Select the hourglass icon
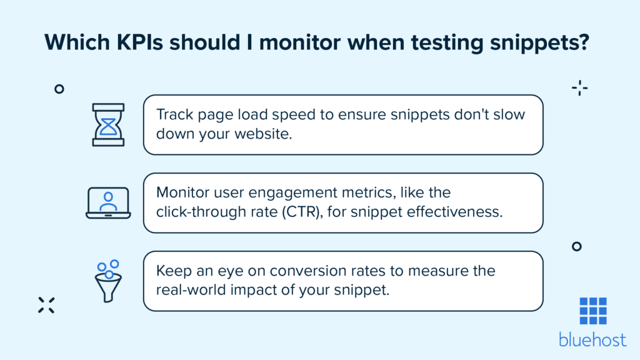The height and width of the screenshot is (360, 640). coord(108,125)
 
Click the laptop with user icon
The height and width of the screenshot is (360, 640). coord(108,203)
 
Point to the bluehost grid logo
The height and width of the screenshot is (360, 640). coord(592,311)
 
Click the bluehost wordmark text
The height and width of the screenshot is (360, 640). coord(592,341)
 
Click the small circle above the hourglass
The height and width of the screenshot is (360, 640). coord(59,89)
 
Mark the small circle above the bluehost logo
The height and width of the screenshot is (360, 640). coord(577,247)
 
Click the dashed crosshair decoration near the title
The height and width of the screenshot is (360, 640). coord(580,88)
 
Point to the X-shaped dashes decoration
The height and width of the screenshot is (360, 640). coord(46,304)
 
